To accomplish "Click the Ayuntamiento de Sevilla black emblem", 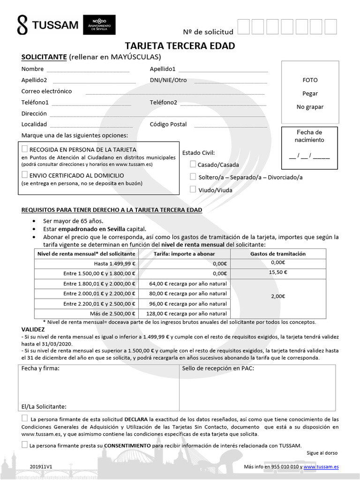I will click(99, 25).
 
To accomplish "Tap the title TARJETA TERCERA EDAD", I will click(180, 46).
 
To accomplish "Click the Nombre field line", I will click(88, 71).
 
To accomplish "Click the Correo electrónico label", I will click(46, 91).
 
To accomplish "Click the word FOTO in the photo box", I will click(310, 80).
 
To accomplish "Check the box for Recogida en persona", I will click(25, 149).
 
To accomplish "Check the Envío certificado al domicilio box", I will click(25, 175).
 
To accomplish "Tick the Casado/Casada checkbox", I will click(193, 165).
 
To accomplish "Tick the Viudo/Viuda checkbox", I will click(193, 190).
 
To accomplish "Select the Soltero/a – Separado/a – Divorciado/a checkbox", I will click(193, 177).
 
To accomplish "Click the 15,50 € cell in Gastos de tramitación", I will click(278, 272).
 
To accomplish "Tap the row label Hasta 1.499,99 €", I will click(114, 263).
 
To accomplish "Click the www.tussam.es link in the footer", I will click(321, 467).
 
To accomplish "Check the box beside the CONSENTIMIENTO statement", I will click(24, 445).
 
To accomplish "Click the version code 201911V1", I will click(40, 467).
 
